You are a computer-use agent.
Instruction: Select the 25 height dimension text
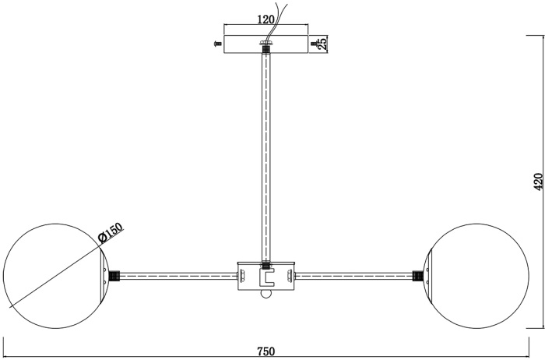[x=322, y=44]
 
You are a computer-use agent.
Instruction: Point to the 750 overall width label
[x=266, y=351]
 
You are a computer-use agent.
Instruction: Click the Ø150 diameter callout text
[x=111, y=233]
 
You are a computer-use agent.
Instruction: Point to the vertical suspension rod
[x=266, y=156]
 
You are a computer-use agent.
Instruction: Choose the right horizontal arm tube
[x=354, y=275]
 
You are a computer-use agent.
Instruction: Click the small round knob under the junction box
[x=265, y=294]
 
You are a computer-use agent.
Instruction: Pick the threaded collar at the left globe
[x=114, y=275]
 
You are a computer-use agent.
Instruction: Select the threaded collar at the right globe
[x=418, y=275]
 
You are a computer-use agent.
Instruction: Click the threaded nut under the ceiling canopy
[x=266, y=49]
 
